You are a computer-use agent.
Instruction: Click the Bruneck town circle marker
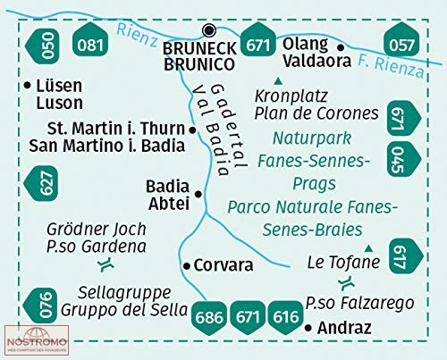click(x=209, y=30)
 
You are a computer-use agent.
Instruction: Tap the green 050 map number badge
click(x=42, y=46)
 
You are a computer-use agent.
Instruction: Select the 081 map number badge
click(x=90, y=39)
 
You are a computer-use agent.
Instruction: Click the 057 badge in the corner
click(x=401, y=39)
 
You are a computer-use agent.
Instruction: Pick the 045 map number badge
click(x=404, y=159)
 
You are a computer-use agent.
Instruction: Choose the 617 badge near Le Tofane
click(x=406, y=256)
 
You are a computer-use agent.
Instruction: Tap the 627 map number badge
click(x=41, y=183)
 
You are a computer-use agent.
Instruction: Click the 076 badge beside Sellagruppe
click(x=40, y=306)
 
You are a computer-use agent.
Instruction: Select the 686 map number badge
click(x=209, y=318)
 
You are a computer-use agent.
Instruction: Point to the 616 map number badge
click(x=285, y=318)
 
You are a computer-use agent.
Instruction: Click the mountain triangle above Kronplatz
click(x=278, y=80)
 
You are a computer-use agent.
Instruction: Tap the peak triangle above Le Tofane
click(x=369, y=248)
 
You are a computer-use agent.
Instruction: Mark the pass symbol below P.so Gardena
click(x=106, y=264)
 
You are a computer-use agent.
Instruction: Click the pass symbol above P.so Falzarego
click(x=347, y=283)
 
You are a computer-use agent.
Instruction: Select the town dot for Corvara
click(x=187, y=265)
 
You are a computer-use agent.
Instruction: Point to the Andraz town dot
click(x=308, y=328)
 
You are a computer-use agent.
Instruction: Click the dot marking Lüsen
click(x=27, y=86)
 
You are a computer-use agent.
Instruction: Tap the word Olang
click(x=305, y=45)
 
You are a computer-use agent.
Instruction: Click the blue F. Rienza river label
click(x=391, y=65)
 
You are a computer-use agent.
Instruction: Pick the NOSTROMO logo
click(x=37, y=340)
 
